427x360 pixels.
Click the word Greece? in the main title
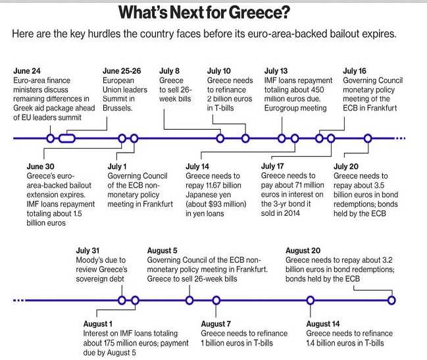(259, 13)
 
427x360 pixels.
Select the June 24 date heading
(27, 71)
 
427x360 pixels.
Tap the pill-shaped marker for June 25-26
(66, 138)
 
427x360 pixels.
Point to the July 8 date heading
(169, 71)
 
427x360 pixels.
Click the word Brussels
(117, 108)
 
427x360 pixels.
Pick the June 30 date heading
(40, 167)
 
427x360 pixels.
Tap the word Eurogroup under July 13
(280, 109)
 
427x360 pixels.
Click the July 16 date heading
(354, 71)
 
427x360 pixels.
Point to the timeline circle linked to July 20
(368, 138)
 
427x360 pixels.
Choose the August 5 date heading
(162, 251)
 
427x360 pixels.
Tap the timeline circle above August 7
(216, 300)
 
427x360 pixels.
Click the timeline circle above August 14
(311, 300)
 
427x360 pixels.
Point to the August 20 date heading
(303, 251)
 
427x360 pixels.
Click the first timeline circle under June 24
(51, 138)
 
